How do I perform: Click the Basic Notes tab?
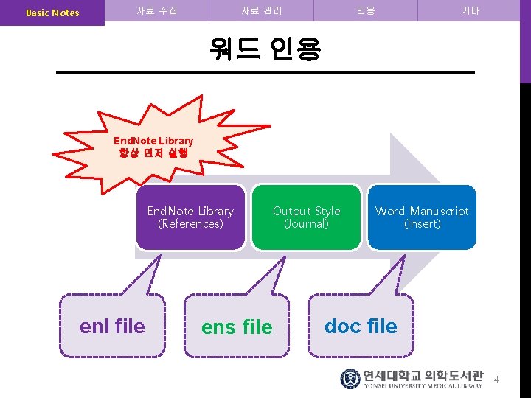(52, 13)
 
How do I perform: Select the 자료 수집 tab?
(156, 11)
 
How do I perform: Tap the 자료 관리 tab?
(262, 11)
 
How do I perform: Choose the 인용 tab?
(365, 11)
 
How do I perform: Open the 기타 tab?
(470, 11)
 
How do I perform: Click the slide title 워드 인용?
(265, 49)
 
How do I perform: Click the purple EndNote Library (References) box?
(190, 217)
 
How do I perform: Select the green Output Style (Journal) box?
(306, 217)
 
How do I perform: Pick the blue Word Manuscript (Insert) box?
(422, 217)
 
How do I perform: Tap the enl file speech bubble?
(112, 326)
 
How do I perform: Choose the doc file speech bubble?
(361, 326)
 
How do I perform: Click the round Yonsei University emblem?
(350, 379)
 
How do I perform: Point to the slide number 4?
(496, 380)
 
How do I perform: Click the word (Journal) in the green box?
(306, 224)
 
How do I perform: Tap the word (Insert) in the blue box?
(422, 224)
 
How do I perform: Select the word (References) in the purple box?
(190, 224)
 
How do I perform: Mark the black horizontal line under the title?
(265, 72)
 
